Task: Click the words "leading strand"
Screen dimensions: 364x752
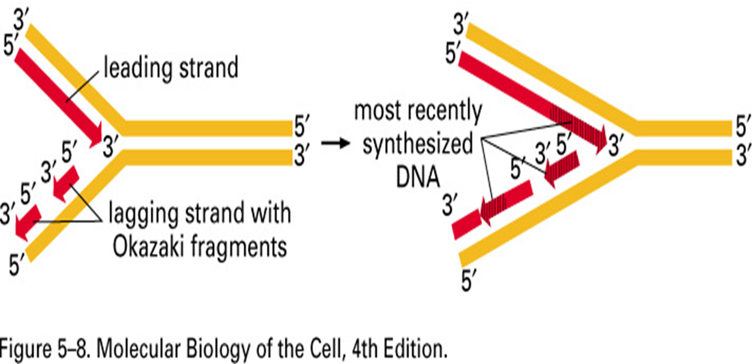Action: coord(171,69)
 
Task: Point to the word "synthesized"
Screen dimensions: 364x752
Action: coord(418,144)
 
